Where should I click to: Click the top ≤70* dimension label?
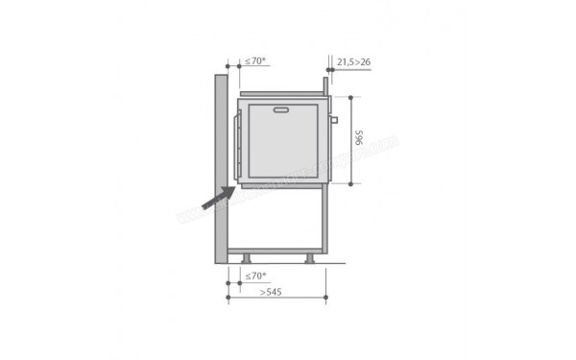[x=254, y=60]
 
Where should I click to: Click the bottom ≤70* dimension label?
[x=254, y=276]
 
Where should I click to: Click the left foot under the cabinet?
[x=248, y=258]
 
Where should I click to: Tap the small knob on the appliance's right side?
[x=334, y=121]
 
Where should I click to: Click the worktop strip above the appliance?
[x=283, y=94]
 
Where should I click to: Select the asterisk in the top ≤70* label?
[x=265, y=59]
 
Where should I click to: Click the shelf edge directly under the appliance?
[x=283, y=185]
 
